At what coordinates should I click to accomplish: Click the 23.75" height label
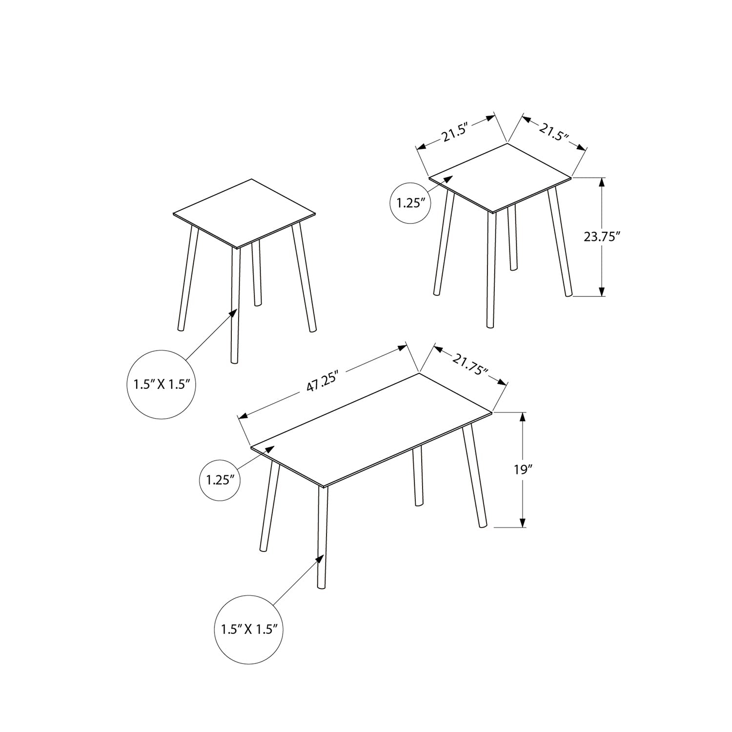tap(601, 237)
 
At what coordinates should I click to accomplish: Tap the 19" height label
tap(523, 470)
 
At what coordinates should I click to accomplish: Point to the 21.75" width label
tap(470, 365)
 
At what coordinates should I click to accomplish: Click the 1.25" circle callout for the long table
tap(221, 480)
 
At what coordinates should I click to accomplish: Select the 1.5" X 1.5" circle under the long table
tap(249, 629)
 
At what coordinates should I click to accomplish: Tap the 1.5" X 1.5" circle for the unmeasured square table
tap(162, 384)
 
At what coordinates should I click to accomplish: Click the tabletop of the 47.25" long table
tap(372, 429)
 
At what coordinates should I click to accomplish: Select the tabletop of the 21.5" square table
tap(500, 178)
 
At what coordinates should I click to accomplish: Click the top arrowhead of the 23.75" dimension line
tap(602, 183)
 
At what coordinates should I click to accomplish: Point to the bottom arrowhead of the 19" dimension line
tap(523, 523)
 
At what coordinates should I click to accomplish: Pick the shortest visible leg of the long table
tap(418, 476)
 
